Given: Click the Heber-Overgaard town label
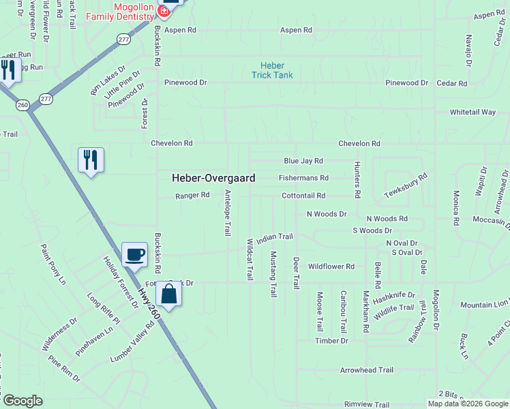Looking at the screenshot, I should coord(213,178).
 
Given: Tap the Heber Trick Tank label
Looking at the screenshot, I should coord(273,70).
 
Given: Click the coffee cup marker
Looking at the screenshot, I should coord(134,254).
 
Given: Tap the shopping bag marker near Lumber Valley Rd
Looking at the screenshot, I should coord(168,294).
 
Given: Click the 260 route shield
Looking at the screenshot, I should coord(22,105).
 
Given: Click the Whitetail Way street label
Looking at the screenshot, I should coord(472,112).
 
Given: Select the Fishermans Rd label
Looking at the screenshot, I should coord(303,178).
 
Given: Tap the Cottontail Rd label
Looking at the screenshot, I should coord(303,196).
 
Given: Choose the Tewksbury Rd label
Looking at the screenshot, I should coord(406,184).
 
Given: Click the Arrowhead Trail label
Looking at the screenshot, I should coord(367,370).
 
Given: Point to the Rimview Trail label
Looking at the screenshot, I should coord(367,404).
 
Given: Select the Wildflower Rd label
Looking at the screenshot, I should coord(331,267).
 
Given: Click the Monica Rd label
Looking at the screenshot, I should coord(456,207).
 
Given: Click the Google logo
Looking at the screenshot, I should coord(22,401).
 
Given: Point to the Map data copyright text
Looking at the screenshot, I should coord(468,404).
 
